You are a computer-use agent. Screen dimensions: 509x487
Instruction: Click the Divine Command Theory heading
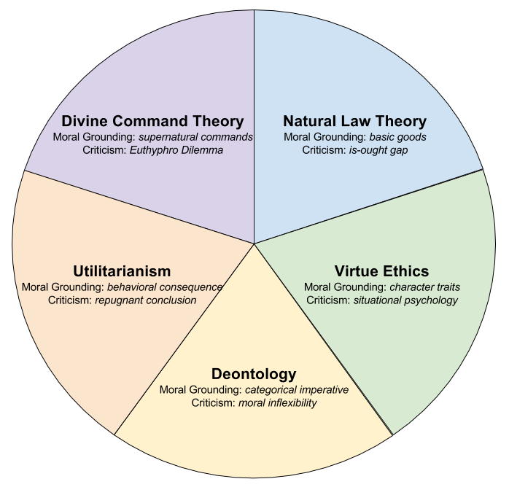(x=152, y=121)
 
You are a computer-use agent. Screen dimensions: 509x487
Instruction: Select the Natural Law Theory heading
(x=354, y=121)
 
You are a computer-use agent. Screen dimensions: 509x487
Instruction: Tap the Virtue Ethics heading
(x=381, y=272)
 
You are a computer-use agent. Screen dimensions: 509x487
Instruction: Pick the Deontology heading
(x=254, y=375)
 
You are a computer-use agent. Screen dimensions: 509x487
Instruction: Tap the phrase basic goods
(x=398, y=137)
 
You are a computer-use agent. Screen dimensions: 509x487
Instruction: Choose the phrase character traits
(x=425, y=287)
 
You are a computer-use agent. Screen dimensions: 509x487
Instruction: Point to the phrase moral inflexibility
(x=278, y=403)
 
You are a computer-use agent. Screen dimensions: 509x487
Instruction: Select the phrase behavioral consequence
(x=165, y=287)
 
